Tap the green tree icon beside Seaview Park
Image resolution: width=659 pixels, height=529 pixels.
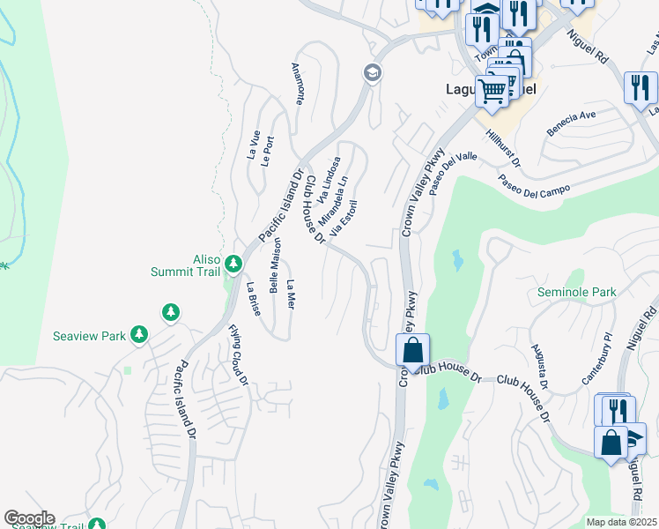pos(138,334)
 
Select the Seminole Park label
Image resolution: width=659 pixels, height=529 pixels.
pos(577,292)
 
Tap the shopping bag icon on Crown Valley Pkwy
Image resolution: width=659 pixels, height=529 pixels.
pos(412,351)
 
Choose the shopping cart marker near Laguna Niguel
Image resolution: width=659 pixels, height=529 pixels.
pos(492,90)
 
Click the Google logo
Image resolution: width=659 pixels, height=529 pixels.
pos(29,518)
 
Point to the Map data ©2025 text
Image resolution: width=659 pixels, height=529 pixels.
pos(621,522)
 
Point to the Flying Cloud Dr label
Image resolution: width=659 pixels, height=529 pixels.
pos(237,354)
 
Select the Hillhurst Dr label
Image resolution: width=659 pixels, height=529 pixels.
pos(503,148)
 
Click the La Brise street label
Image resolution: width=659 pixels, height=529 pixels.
pos(253,298)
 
